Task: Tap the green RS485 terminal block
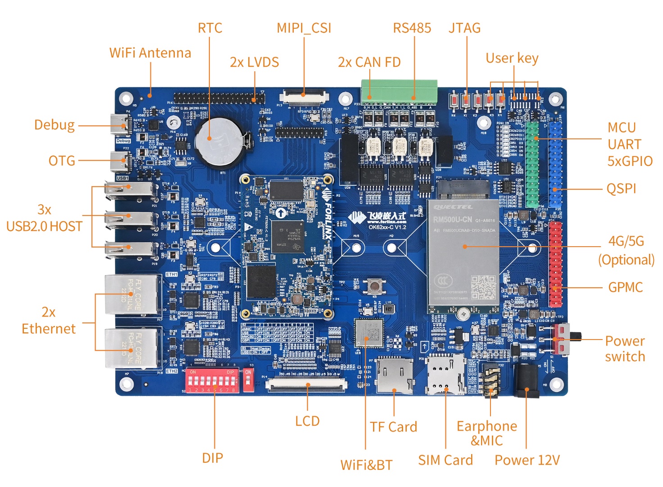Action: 399,92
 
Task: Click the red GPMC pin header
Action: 555,263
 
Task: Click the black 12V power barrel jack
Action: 527,381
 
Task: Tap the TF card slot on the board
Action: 395,375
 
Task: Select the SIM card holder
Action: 445,374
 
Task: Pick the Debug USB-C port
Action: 121,125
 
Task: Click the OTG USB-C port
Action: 121,161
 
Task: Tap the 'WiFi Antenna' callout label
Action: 150,53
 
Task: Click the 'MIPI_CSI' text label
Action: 304,28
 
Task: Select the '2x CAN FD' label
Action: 369,62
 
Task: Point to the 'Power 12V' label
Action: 527,460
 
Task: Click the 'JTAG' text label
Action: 464,28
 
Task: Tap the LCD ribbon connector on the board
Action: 307,385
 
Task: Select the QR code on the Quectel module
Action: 483,287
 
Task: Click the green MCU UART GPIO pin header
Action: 533,164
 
